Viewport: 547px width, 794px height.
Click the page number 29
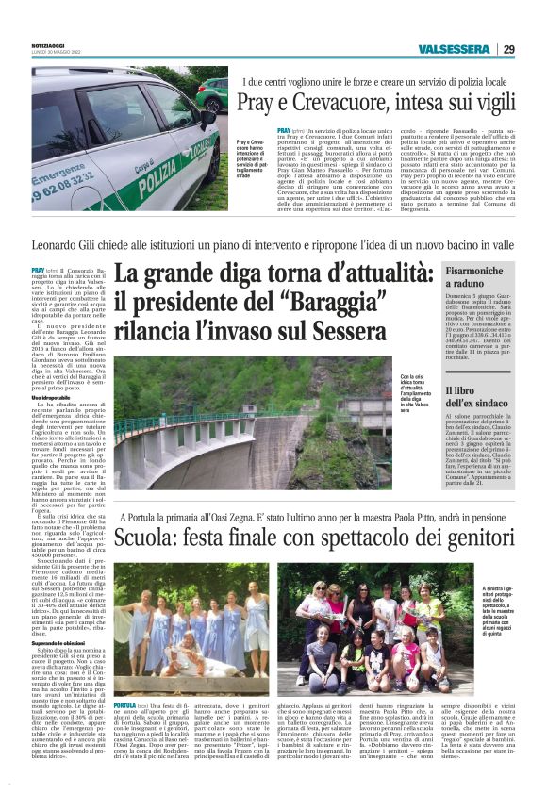tap(509, 49)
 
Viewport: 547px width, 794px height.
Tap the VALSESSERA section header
tap(455, 49)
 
